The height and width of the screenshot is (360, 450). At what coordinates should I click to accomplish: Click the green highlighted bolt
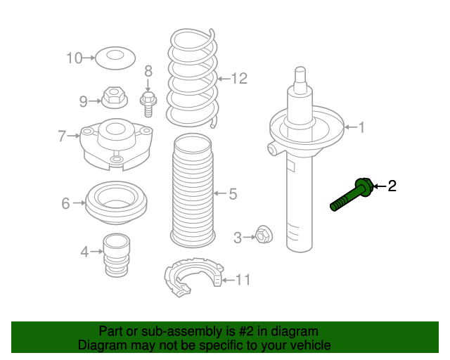(x=352, y=195)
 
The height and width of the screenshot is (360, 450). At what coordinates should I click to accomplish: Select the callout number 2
(x=392, y=186)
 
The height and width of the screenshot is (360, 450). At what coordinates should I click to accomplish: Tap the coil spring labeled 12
(x=192, y=78)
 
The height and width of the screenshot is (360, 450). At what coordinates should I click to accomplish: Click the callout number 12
(x=239, y=78)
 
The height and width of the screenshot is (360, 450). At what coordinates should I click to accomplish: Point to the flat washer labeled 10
(x=115, y=58)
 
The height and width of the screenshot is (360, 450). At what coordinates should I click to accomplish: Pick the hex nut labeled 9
(x=115, y=97)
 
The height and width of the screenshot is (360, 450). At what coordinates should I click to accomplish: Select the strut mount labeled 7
(x=116, y=144)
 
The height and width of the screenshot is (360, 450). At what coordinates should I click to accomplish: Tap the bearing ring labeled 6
(x=116, y=203)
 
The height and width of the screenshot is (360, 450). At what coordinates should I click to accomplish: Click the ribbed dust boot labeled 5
(x=193, y=191)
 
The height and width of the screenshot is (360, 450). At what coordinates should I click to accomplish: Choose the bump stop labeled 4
(x=116, y=255)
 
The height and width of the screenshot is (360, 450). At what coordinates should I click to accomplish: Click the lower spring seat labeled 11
(x=194, y=277)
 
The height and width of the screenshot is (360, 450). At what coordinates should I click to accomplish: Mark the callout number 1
(x=361, y=127)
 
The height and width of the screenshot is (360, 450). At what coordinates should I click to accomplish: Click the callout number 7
(x=62, y=136)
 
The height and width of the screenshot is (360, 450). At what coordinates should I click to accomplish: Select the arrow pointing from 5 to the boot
(x=220, y=193)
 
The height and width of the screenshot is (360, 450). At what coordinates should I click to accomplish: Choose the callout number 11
(x=243, y=280)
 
